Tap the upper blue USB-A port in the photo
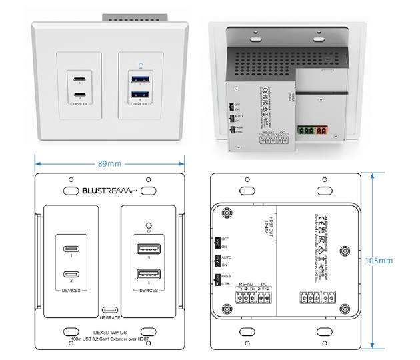click(x=139, y=79)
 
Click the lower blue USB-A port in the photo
click(x=139, y=93)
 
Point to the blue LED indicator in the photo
click(x=139, y=67)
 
